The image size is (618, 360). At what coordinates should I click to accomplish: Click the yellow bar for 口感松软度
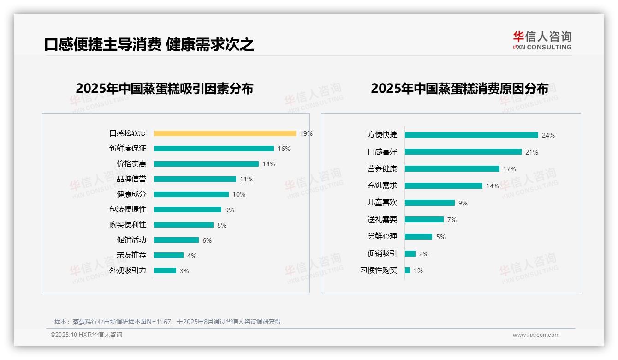click(225, 133)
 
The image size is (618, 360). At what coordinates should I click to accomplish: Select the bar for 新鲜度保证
click(214, 149)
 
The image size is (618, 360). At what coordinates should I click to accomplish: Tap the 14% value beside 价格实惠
click(268, 164)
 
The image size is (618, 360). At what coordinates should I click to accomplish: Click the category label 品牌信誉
click(131, 179)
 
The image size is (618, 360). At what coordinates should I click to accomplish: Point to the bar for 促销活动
click(176, 240)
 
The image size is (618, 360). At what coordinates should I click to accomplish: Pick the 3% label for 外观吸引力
click(184, 271)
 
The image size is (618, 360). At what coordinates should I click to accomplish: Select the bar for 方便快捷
click(471, 135)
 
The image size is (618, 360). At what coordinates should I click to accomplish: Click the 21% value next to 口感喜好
click(531, 152)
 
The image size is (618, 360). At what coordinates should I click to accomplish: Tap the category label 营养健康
click(382, 169)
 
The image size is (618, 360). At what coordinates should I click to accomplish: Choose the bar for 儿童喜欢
click(429, 203)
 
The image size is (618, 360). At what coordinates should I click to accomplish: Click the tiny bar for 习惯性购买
click(407, 270)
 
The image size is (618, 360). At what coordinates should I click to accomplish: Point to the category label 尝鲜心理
click(382, 236)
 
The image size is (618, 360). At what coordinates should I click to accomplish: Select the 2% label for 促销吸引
click(423, 254)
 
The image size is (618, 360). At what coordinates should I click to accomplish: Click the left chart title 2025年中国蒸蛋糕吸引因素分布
click(164, 88)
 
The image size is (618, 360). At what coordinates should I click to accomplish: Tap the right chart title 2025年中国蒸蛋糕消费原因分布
click(459, 88)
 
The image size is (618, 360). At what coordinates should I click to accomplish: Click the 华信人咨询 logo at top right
click(542, 40)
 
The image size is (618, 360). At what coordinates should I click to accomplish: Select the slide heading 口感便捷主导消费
click(103, 44)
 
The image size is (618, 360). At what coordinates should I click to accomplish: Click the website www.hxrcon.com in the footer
click(536, 335)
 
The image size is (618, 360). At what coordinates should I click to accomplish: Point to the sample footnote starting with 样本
click(167, 322)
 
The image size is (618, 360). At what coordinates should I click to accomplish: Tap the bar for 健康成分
click(191, 194)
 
